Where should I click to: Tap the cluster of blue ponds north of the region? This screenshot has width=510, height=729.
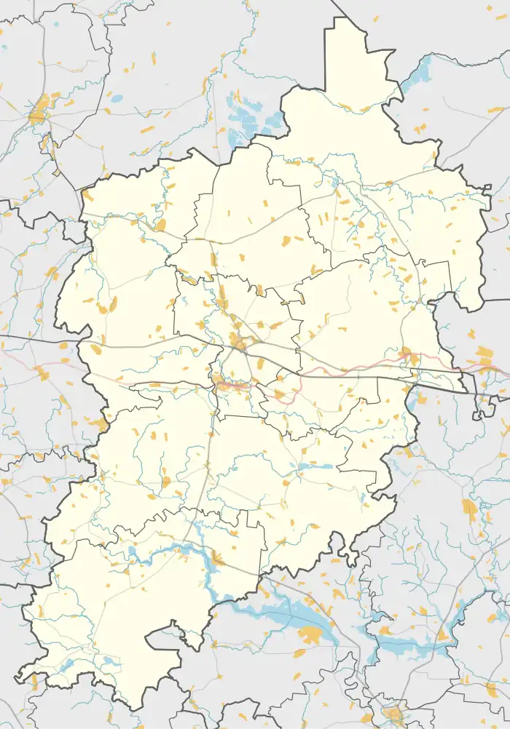point(244,116)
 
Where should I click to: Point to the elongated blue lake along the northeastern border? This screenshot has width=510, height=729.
point(417,76)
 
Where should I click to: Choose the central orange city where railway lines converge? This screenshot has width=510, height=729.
point(237,340)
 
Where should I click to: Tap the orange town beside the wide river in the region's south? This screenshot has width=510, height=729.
point(216,559)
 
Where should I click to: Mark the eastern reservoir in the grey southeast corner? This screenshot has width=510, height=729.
point(408,644)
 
